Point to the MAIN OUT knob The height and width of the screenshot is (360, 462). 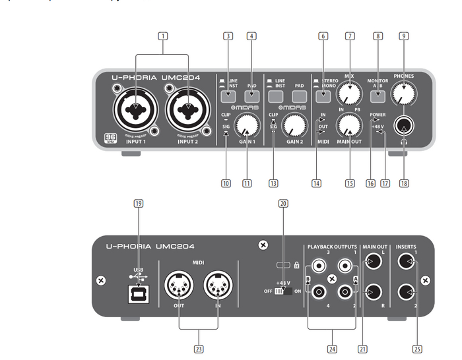(x=348, y=125)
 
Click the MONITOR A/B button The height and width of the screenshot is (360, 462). (x=377, y=97)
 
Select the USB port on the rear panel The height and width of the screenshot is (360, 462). (x=137, y=294)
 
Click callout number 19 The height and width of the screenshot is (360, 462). (x=138, y=204)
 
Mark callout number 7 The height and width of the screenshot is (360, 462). (x=349, y=37)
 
